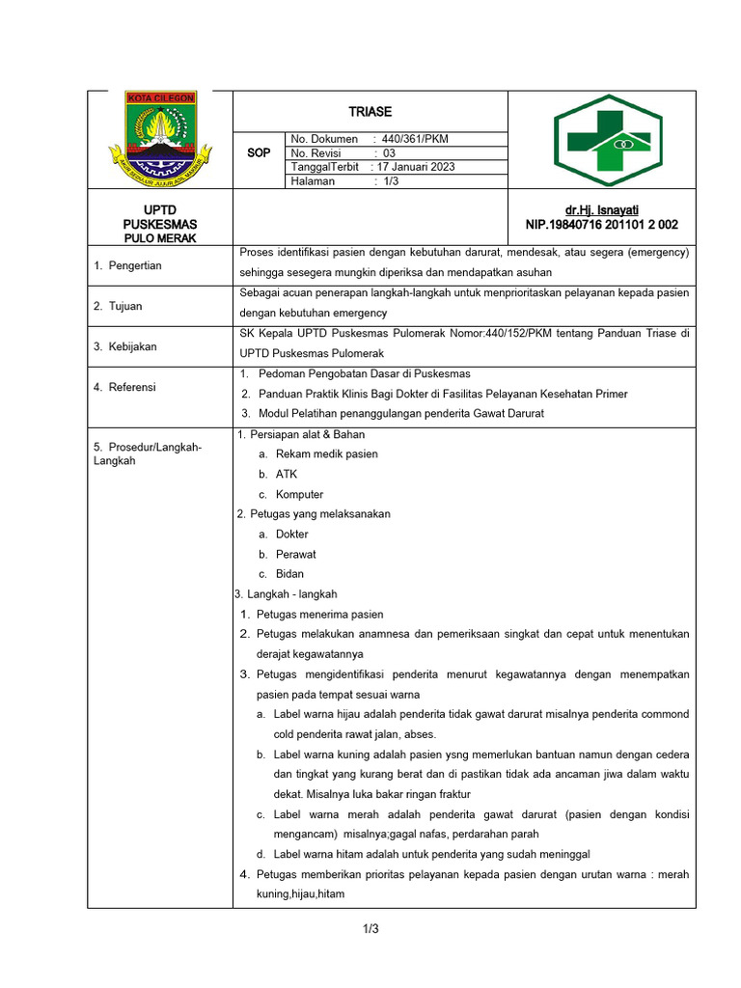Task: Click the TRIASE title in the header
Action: click(370, 112)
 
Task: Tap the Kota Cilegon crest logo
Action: click(160, 139)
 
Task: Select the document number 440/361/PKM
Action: click(415, 139)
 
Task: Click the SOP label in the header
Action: click(259, 153)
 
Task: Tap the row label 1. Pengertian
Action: click(127, 265)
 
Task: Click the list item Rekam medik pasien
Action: click(326, 453)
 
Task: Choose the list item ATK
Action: click(287, 474)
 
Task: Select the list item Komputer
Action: click(299, 494)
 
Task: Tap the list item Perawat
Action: click(295, 554)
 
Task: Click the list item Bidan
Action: click(289, 574)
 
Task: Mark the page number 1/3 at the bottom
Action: click(370, 929)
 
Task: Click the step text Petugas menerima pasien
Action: click(319, 614)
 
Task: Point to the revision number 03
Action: click(390, 153)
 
